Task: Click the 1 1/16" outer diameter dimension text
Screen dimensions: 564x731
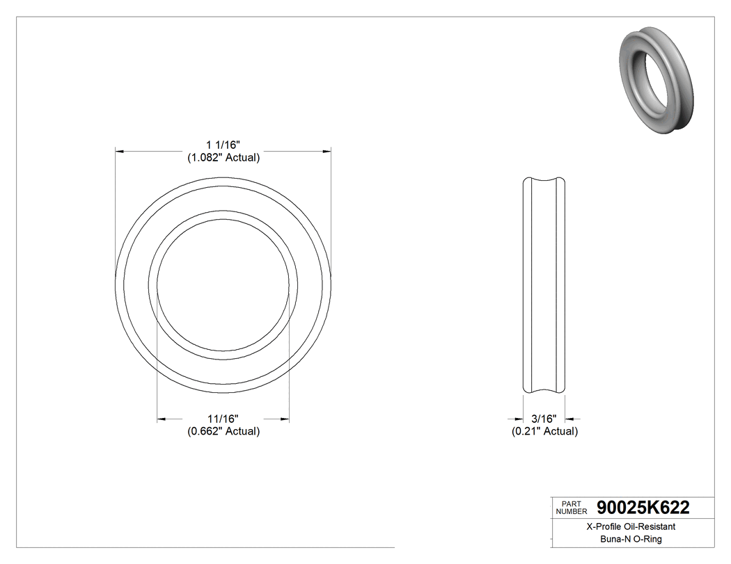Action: (223, 145)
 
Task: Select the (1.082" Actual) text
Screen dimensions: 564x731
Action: (223, 157)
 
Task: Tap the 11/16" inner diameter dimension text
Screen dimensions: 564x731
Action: (223, 419)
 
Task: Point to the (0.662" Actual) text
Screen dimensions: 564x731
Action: (223, 431)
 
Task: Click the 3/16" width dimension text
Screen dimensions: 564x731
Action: (544, 419)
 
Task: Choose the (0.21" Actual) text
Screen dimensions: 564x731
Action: (544, 431)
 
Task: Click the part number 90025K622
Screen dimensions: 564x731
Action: (643, 508)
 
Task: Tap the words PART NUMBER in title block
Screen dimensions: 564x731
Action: (571, 508)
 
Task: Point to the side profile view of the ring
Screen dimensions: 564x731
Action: (544, 286)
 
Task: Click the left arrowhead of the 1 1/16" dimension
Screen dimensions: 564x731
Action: (120, 151)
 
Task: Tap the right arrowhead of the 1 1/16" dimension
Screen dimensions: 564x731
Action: (326, 151)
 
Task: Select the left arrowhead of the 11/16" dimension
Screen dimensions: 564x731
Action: (162, 419)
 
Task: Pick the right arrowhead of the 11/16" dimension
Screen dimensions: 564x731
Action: (284, 419)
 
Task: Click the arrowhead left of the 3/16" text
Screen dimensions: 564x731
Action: (519, 419)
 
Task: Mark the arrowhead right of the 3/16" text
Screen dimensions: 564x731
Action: (569, 419)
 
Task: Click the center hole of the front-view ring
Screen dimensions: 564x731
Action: (223, 286)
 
